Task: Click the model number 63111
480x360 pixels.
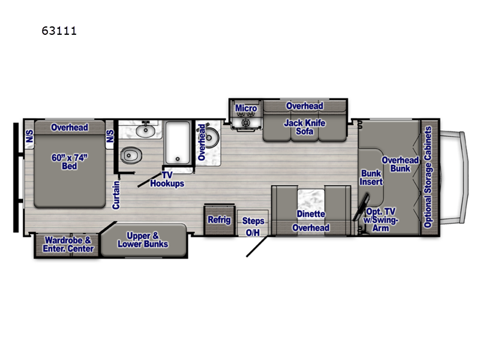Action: click(59, 30)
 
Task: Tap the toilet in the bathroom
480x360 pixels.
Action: click(131, 156)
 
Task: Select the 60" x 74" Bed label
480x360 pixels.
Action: click(70, 161)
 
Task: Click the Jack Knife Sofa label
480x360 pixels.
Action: click(304, 127)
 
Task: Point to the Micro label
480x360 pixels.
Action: click(245, 109)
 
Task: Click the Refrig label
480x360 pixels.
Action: click(219, 220)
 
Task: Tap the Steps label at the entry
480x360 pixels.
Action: click(253, 221)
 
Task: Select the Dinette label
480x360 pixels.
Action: click(310, 214)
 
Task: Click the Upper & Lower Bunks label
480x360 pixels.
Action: click(143, 239)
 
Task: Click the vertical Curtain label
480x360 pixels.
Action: click(116, 194)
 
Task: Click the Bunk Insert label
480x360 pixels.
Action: click(371, 178)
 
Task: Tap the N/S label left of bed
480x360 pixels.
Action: click(29, 137)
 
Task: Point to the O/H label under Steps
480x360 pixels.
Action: click(253, 233)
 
